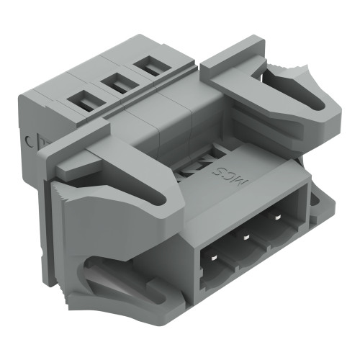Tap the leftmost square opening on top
(85, 102)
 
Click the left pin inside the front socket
(215, 256)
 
